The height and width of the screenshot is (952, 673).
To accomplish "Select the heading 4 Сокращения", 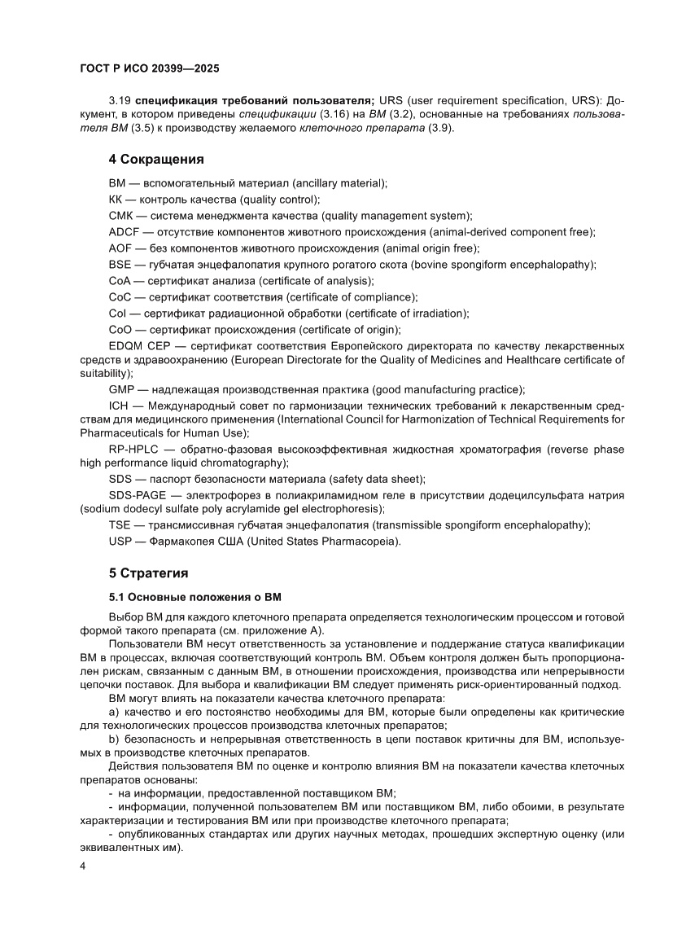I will coord(155,159).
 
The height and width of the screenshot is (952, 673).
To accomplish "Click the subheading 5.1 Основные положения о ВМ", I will coord(194,597).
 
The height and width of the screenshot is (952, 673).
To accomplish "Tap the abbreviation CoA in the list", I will coord(120,281).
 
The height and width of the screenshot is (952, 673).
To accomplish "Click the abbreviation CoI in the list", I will coord(119,314).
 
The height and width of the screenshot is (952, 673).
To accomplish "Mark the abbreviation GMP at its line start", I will coord(121,389).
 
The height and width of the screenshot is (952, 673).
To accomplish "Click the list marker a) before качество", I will coord(113,712).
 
